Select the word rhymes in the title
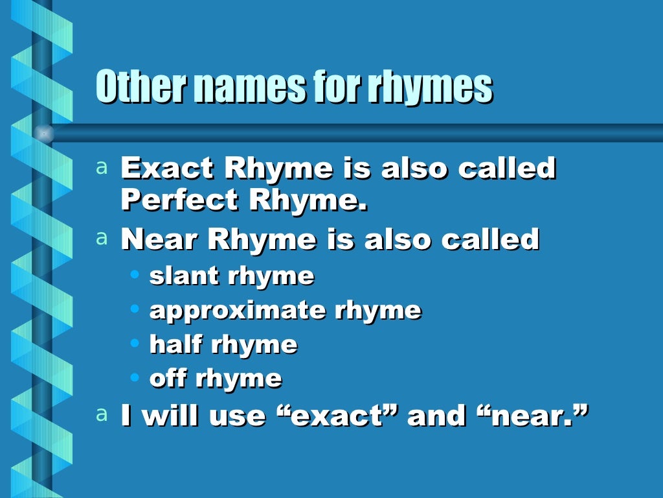tap(430, 88)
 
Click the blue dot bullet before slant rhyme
tap(135, 275)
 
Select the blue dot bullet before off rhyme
tap(135, 377)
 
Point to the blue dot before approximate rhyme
tap(135, 309)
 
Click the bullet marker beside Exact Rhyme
tap(101, 168)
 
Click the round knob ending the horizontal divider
tap(43, 133)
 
